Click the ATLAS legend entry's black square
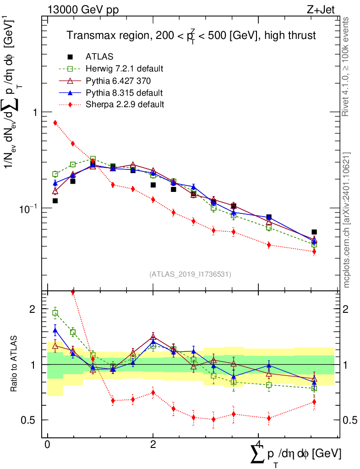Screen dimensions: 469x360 tap(70, 57)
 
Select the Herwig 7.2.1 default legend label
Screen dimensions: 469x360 tap(125, 69)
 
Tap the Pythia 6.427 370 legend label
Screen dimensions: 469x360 tap(120, 81)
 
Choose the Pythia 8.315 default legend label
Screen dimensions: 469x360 tap(124, 93)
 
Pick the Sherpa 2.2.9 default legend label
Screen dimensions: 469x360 tap(125, 104)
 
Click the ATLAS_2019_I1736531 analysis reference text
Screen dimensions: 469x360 tap(190, 274)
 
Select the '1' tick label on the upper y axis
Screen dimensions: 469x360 tap(35, 112)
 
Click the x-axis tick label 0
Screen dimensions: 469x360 tap(47, 445)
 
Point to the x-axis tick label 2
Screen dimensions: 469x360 tap(153, 445)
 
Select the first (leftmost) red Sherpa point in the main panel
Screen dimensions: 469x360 tap(55, 122)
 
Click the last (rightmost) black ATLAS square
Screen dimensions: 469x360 tap(314, 232)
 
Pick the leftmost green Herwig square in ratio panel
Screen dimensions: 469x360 tap(55, 313)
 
